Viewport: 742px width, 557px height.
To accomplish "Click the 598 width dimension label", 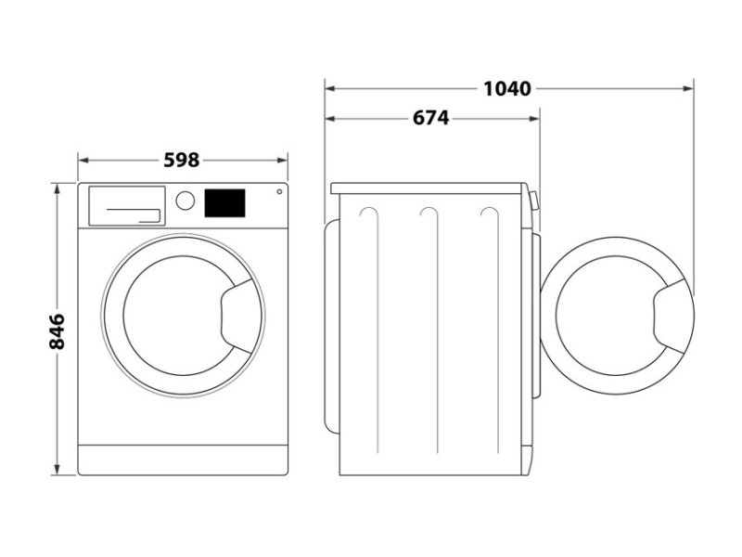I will pos(182,160).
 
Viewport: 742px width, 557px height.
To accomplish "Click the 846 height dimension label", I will pos(57,330).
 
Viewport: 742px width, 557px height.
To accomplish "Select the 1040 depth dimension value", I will pos(507,89).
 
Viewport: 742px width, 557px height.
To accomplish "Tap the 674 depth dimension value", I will pos(430,118).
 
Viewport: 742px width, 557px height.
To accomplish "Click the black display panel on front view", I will pos(224,202).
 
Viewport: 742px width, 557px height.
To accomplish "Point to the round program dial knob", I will pos(185,201).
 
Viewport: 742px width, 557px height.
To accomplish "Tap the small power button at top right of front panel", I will pos(277,193).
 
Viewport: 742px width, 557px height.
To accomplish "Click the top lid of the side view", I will pos(430,188).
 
